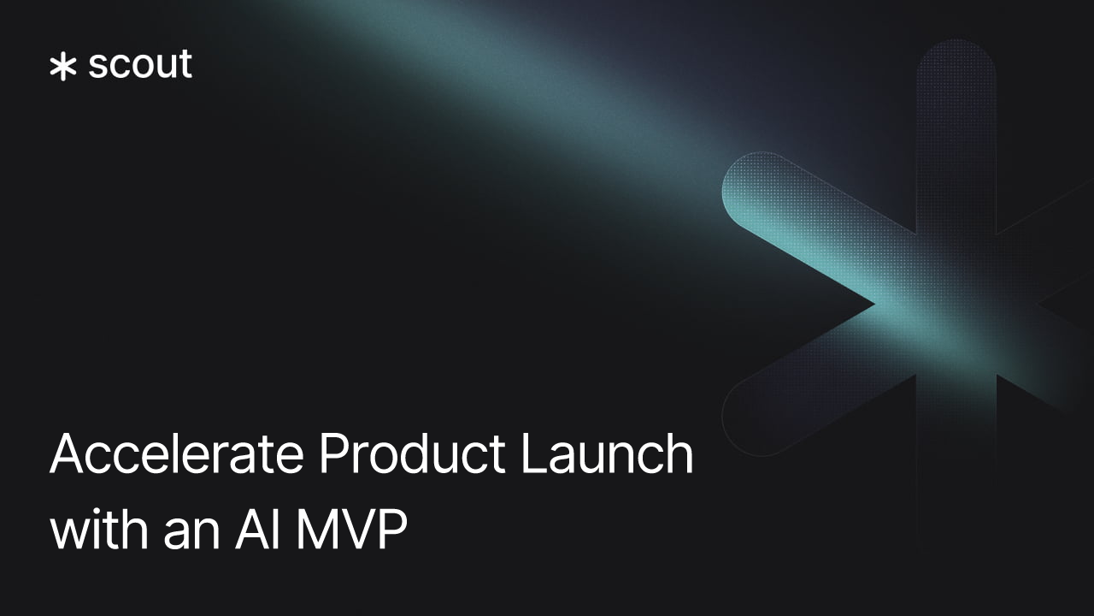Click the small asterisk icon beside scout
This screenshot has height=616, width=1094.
pyautogui.click(x=63, y=67)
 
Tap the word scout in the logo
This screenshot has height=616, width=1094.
pyautogui.click(x=140, y=66)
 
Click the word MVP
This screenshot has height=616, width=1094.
pyautogui.click(x=351, y=531)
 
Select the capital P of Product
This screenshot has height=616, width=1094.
pyautogui.click(x=332, y=455)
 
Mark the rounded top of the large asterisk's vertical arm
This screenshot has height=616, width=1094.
pyautogui.click(x=956, y=56)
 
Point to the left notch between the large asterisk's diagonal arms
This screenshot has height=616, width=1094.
pyautogui.click(x=872, y=303)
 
